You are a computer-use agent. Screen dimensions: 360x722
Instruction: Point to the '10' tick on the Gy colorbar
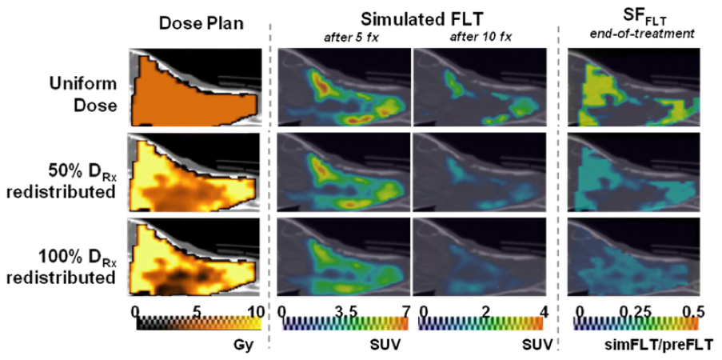click(x=254, y=310)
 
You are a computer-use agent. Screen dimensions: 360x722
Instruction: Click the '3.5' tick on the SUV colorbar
click(x=345, y=310)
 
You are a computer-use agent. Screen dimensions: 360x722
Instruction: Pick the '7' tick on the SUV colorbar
click(x=405, y=310)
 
